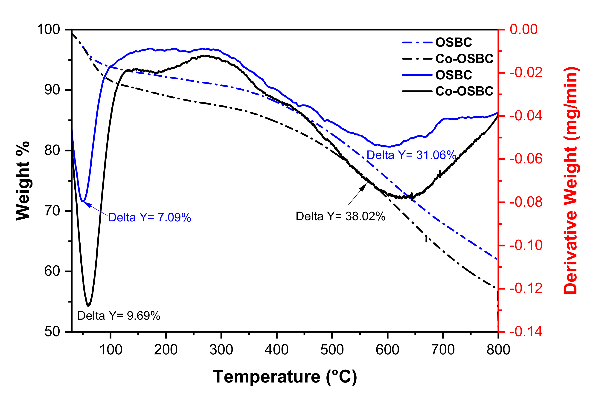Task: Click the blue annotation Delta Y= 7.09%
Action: click(x=149, y=217)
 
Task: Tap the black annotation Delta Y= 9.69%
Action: click(x=119, y=316)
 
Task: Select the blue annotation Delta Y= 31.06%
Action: click(x=411, y=155)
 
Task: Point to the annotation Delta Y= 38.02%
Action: click(x=340, y=217)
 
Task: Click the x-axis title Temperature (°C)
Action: click(x=285, y=377)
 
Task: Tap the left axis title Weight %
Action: click(x=23, y=181)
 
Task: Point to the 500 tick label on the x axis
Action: click(x=332, y=350)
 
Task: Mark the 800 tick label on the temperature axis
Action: click(x=498, y=350)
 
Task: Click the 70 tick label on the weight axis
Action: click(x=52, y=211)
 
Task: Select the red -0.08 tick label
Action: click(x=526, y=202)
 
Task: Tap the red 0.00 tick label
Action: click(x=523, y=29)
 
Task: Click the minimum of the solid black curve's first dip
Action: click(x=88, y=306)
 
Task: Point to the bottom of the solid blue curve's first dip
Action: click(x=83, y=201)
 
